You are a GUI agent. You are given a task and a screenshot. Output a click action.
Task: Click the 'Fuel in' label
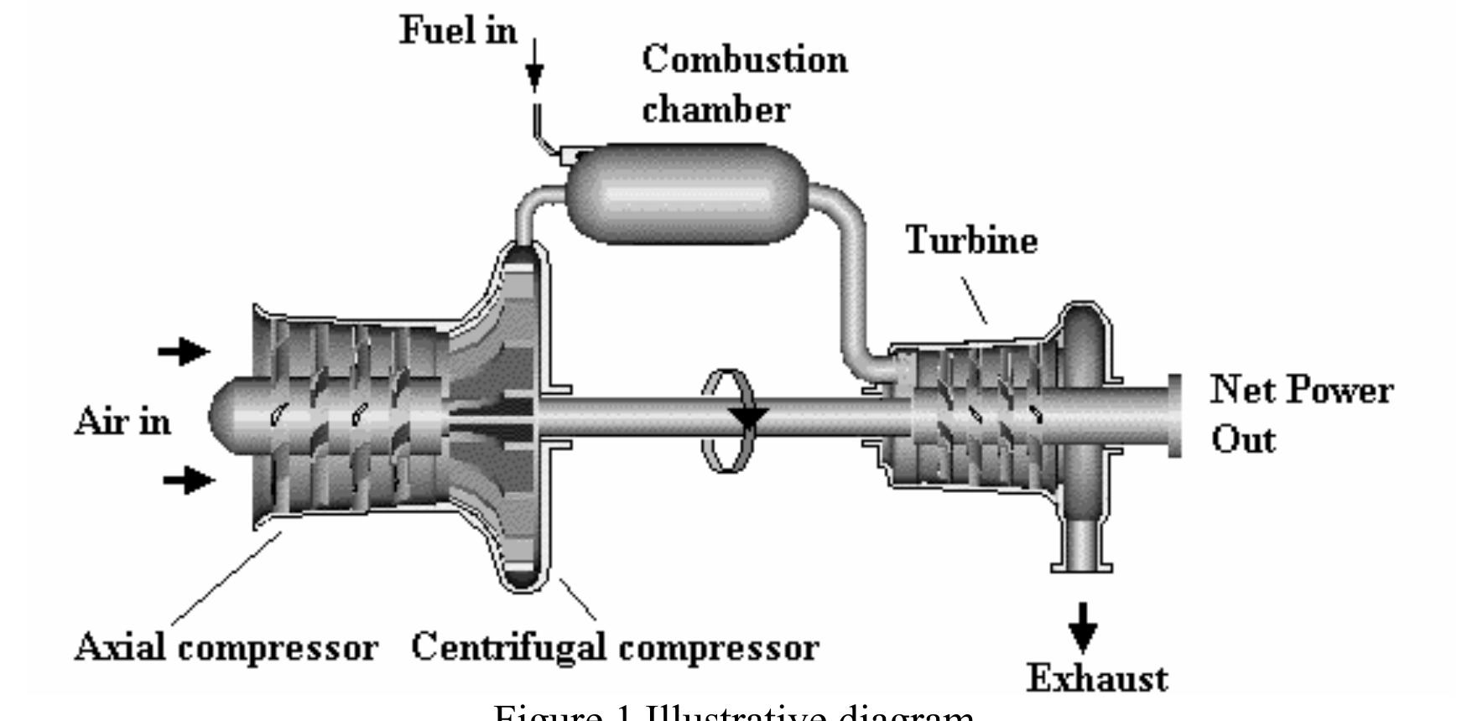(457, 31)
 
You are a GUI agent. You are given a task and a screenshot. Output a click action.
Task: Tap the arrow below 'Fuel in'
(534, 72)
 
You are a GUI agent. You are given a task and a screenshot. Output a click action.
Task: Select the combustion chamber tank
(687, 194)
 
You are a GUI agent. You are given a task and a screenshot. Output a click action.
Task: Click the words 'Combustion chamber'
(744, 84)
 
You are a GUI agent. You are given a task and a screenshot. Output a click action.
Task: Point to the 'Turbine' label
(971, 241)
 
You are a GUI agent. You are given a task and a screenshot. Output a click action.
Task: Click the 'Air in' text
(122, 420)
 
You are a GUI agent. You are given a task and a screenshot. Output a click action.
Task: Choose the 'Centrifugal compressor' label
(615, 648)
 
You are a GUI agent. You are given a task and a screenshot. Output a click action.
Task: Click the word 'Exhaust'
(1097, 678)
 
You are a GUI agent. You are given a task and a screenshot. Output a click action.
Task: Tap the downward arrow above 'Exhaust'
(1083, 626)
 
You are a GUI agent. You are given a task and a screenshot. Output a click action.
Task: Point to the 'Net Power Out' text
(1301, 415)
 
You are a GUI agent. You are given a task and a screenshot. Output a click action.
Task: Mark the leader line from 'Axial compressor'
(225, 578)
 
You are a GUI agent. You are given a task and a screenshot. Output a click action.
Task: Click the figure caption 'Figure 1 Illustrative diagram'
(734, 713)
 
